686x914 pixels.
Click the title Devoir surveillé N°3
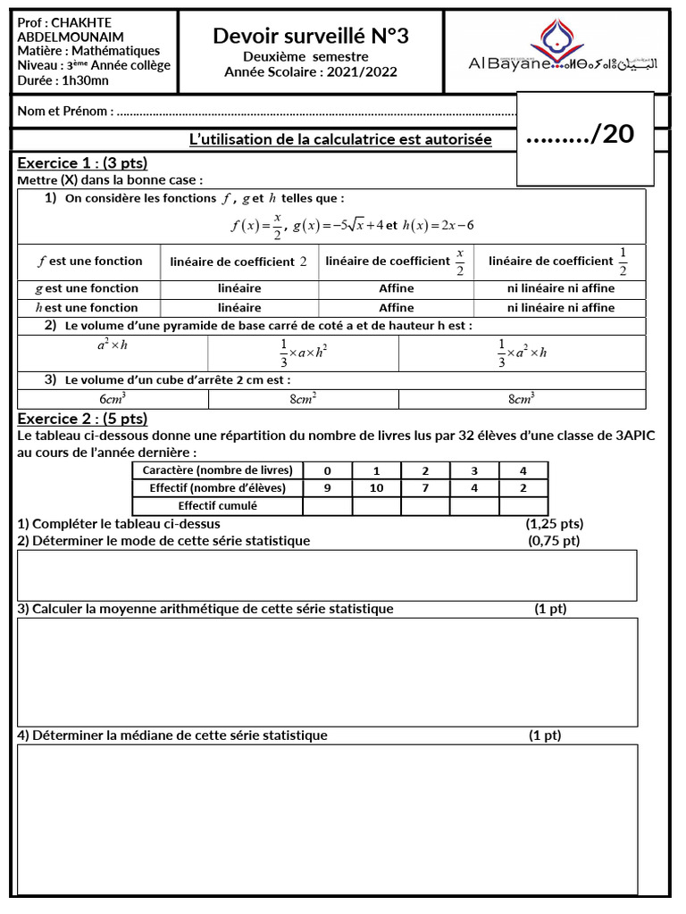(311, 36)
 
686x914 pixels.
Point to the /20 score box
(581, 134)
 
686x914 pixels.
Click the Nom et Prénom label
(65, 112)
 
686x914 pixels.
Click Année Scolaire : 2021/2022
(311, 71)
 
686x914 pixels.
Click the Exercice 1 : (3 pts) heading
(82, 162)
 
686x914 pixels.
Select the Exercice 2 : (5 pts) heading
(82, 419)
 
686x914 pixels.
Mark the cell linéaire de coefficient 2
(239, 262)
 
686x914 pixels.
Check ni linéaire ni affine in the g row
(561, 288)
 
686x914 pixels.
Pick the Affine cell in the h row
(397, 307)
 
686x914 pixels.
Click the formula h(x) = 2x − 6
(438, 225)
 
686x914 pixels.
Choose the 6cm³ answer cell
(113, 399)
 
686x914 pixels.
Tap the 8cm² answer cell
(304, 399)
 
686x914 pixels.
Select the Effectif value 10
(376, 488)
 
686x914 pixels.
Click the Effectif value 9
(327, 488)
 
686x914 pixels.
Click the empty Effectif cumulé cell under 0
(327, 506)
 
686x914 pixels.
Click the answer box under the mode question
(327, 576)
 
